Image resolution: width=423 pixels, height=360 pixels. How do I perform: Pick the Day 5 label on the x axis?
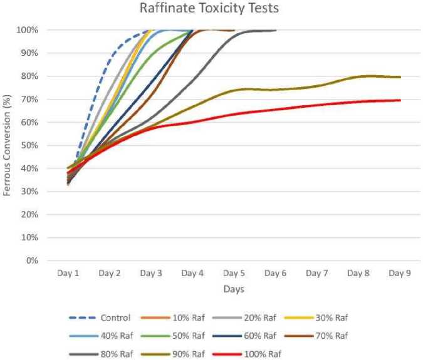pos(234,274)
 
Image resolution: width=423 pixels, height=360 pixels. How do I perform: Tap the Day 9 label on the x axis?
pos(399,274)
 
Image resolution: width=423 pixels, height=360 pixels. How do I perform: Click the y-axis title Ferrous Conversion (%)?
pos(7,145)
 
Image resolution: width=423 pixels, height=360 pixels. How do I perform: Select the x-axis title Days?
pos(234,289)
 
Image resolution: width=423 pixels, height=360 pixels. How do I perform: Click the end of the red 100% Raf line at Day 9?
pos(400,100)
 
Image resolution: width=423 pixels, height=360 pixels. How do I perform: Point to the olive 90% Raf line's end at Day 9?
pos(400,77)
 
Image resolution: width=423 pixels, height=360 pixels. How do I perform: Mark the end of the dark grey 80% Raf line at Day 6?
pos(275,30)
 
